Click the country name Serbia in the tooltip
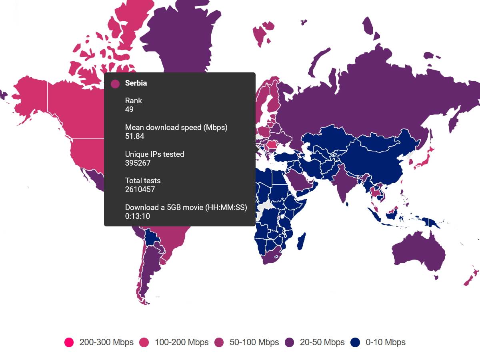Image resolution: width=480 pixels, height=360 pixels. coord(136,83)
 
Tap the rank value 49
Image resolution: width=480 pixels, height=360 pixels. coord(129,110)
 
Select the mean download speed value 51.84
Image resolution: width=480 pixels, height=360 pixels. coord(134,136)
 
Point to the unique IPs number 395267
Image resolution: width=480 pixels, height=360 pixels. coord(138,163)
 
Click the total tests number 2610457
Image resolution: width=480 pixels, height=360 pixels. coord(140,190)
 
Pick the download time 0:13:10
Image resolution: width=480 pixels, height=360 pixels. coord(137,216)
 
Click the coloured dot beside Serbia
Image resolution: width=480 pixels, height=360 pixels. coord(115,84)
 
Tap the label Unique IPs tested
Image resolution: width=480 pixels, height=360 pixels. coord(154,154)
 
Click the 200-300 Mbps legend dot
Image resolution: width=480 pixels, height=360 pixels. coord(69,342)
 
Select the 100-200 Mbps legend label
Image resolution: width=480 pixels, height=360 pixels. coord(182,342)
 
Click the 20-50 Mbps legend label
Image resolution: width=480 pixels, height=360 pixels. coord(322,342)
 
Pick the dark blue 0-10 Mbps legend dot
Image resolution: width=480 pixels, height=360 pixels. coord(355,342)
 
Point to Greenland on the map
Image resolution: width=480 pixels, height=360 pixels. coord(180,40)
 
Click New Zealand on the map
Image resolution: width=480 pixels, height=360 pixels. coord(470,278)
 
